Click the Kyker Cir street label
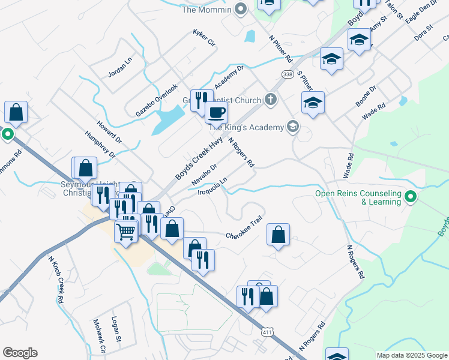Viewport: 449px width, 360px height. pyautogui.click(x=203, y=37)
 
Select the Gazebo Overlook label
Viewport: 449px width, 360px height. pyautogui.click(x=157, y=100)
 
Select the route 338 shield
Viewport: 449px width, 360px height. pyautogui.click(x=287, y=73)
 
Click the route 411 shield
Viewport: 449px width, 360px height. pyautogui.click(x=268, y=331)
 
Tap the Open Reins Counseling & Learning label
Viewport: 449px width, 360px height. pyautogui.click(x=358, y=197)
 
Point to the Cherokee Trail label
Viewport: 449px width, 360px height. pyautogui.click(x=244, y=229)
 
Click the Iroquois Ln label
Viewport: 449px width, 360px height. pyautogui.click(x=214, y=186)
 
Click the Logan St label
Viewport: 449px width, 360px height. pyautogui.click(x=115, y=329)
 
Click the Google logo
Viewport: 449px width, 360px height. pyautogui.click(x=20, y=353)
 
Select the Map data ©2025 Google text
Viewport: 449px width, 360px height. pyautogui.click(x=411, y=355)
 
